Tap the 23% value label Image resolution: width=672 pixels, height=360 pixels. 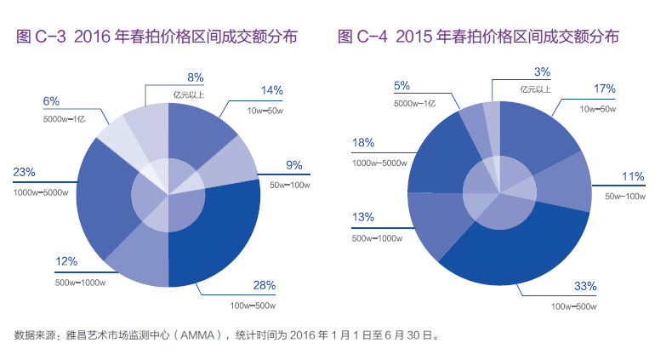click(x=24, y=173)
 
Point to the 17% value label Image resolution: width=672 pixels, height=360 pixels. click(x=604, y=89)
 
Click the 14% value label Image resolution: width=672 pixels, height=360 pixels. click(x=272, y=90)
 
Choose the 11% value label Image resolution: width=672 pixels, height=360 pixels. click(x=633, y=177)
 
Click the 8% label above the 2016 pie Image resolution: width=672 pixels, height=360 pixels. click(x=195, y=77)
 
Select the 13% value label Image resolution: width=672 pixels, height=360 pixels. click(x=362, y=218)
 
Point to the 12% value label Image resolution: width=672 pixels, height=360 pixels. click(x=66, y=261)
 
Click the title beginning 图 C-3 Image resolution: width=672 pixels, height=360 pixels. click(x=157, y=37)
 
